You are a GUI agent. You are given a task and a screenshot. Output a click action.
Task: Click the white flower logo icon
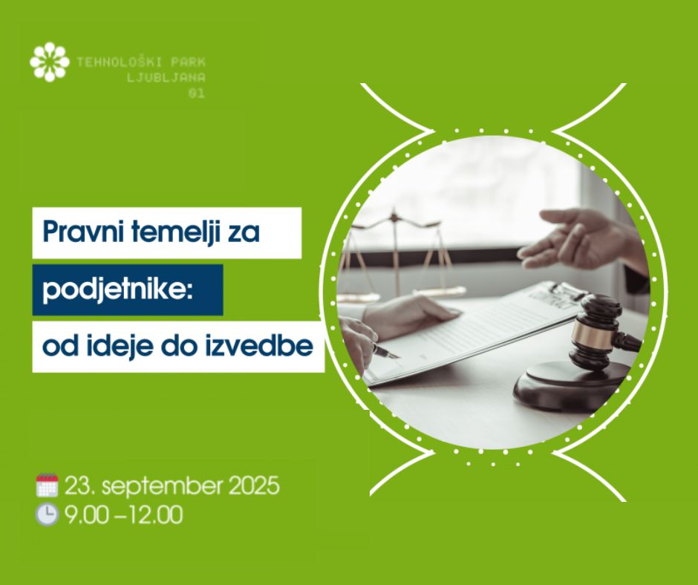click(x=50, y=62)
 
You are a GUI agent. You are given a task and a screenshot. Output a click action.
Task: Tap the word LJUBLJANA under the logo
click(x=166, y=77)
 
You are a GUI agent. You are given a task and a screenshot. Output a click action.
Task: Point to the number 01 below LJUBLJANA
click(x=196, y=94)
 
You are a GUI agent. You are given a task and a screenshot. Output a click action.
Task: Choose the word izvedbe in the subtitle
click(x=259, y=346)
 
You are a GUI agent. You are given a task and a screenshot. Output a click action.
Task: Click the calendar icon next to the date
click(x=47, y=486)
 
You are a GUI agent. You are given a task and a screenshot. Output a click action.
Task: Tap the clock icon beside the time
click(x=47, y=514)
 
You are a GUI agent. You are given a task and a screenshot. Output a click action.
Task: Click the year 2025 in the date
click(x=254, y=486)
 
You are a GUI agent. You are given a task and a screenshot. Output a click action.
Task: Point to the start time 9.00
click(x=86, y=515)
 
